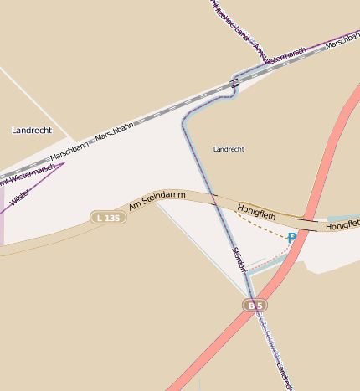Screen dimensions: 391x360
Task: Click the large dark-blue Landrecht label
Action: coord(33,131)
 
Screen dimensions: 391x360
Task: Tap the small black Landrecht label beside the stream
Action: coord(229,149)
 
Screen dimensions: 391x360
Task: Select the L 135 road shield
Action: coord(108,218)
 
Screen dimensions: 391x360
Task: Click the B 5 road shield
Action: coord(255,306)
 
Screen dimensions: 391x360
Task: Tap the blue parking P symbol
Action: coord(291,239)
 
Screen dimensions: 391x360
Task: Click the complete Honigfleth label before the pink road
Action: coord(256,212)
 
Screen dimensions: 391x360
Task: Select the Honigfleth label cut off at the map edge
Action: coord(342,226)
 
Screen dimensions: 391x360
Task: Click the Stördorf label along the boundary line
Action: coord(239,260)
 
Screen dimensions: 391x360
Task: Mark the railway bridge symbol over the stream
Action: coord(235,82)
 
